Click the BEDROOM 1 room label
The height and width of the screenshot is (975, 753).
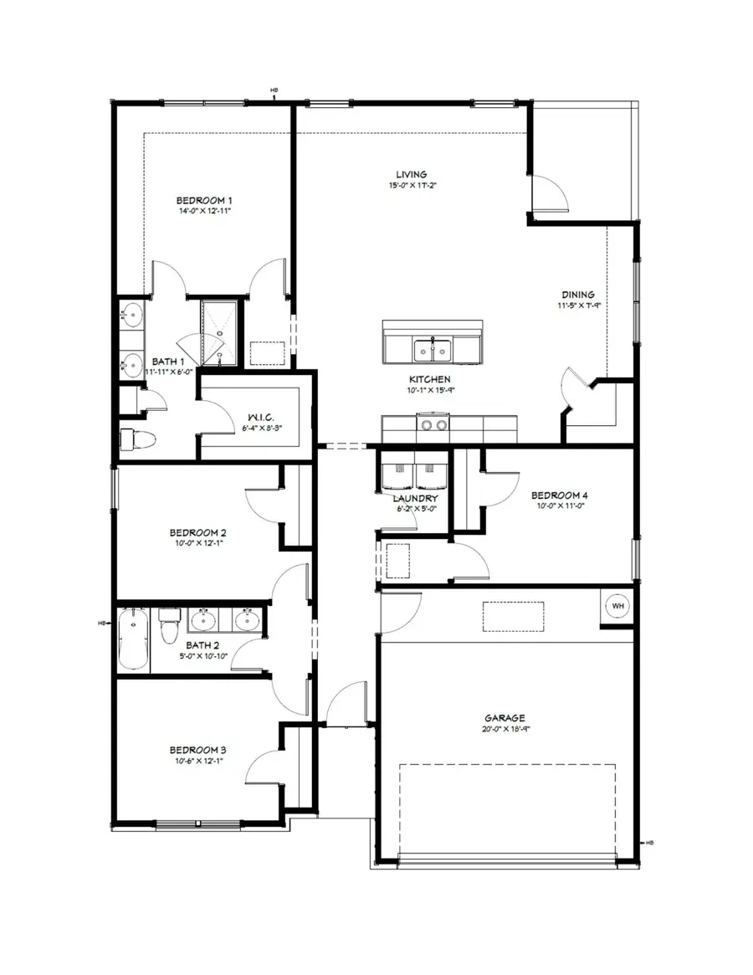[x=203, y=201]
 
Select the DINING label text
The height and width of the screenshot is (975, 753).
[x=577, y=295]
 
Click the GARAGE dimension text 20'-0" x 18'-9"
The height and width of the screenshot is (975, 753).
[x=505, y=729]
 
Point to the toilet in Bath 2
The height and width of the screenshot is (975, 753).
[x=170, y=625]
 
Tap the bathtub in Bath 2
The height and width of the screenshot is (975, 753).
[x=132, y=640]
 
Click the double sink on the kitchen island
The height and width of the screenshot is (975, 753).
[x=432, y=349]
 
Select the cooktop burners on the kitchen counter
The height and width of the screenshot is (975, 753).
[x=433, y=426]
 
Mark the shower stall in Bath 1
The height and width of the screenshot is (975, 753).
[x=220, y=331]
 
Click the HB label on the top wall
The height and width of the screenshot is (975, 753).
[x=274, y=90]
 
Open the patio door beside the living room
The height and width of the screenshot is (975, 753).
[x=549, y=194]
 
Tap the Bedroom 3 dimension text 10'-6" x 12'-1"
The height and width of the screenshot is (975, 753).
[x=197, y=761]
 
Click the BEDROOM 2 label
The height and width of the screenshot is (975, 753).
[x=197, y=532]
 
